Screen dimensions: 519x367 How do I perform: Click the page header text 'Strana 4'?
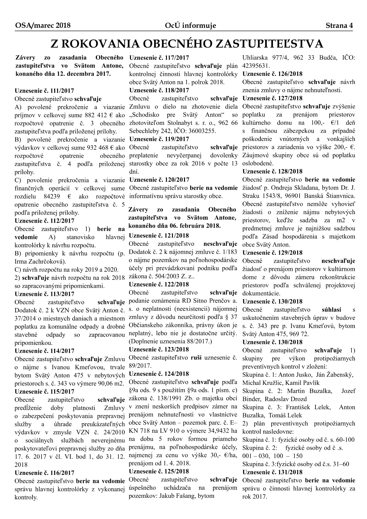pos(339,26)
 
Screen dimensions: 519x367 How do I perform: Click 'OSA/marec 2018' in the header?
pos(43,26)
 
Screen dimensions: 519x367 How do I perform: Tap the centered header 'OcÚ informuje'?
pos(191,26)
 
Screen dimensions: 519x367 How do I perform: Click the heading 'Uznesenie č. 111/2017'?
pos(44,91)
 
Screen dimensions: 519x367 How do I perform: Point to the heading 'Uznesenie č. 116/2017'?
pos(44,473)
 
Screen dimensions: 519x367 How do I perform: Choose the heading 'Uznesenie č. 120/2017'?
pos(159,180)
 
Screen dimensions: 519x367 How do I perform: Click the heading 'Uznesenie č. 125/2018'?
pos(159,471)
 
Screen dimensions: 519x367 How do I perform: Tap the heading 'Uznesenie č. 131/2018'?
pos(272,472)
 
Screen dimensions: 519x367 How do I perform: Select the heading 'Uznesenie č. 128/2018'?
pos(272,171)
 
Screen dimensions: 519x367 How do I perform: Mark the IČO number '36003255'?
pos(202,131)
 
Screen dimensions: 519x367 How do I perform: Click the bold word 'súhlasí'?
pos(331,310)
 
